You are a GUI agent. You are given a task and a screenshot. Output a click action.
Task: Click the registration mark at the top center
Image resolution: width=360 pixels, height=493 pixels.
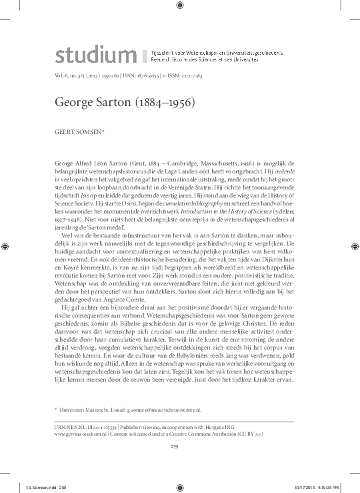[180, 6]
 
